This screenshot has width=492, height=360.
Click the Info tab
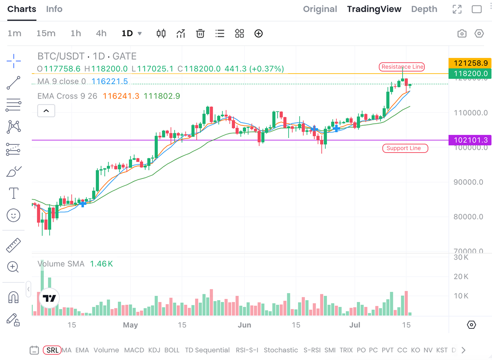[x=54, y=9]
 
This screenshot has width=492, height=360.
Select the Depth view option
[x=424, y=9]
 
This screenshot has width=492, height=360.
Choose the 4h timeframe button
[x=101, y=33]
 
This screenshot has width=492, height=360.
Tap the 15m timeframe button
[x=46, y=33]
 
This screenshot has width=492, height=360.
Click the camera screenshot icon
[x=462, y=34]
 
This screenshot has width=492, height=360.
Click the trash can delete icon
[x=200, y=34]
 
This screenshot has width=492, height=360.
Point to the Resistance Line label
[x=402, y=67]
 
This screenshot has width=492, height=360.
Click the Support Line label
[x=405, y=148]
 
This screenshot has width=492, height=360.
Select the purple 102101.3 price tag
[x=470, y=140]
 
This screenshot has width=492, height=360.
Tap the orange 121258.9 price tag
[x=470, y=63]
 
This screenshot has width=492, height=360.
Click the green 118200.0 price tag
[x=470, y=74]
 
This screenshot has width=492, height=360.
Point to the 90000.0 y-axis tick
[x=468, y=182]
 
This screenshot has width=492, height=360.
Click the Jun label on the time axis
[x=244, y=325]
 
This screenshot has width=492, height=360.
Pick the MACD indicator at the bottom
[x=134, y=350]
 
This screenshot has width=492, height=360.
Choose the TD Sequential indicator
[x=207, y=350]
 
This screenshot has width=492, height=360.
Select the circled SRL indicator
[x=52, y=350]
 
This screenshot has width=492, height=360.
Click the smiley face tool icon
[x=13, y=215]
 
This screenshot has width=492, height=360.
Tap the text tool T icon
[x=13, y=194]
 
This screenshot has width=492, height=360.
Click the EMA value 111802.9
[x=162, y=96]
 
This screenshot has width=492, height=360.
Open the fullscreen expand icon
[x=457, y=9]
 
